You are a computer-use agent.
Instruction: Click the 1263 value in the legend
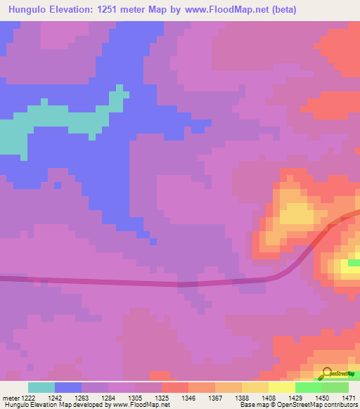point(82,397)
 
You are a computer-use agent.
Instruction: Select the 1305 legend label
point(135,397)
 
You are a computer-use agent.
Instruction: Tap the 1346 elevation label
point(188,397)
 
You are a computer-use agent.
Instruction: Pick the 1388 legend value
point(242,397)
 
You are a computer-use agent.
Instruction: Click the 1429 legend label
point(295,397)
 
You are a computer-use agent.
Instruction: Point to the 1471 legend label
point(347,397)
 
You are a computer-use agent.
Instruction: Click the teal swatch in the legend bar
point(41,387)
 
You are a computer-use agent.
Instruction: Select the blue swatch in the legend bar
point(68,387)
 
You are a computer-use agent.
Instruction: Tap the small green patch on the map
point(354,263)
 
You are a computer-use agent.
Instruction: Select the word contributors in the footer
point(338,405)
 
